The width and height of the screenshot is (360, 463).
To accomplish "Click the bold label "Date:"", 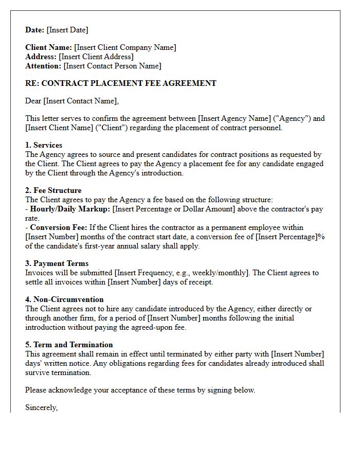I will point(35,30).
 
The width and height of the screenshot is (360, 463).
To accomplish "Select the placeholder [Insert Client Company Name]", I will point(125,48).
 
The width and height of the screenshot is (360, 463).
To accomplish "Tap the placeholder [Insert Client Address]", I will point(96,57).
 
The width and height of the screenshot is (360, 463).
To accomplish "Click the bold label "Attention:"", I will point(43,66).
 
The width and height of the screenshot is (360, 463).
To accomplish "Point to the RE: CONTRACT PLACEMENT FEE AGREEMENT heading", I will point(121,83).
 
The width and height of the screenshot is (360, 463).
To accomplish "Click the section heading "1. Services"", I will point(44,146).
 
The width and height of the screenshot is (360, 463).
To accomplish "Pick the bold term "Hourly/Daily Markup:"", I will point(70,209).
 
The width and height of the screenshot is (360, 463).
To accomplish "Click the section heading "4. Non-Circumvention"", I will point(64,300).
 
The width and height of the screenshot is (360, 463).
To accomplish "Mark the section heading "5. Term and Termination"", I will point(69,345).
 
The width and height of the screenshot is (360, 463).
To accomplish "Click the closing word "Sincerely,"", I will point(42,408).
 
